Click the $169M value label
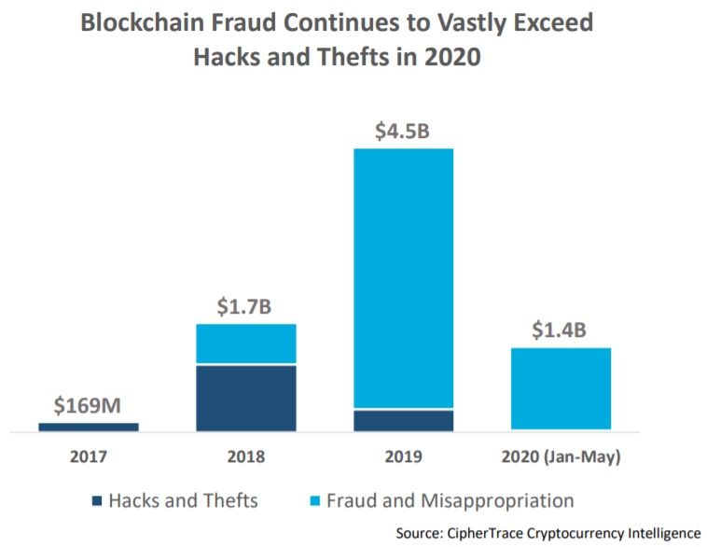pyautogui.click(x=88, y=406)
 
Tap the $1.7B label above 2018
pyautogui.click(x=245, y=306)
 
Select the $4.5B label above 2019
pyautogui.click(x=402, y=131)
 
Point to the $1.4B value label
pyautogui.click(x=561, y=330)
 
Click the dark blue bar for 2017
pyautogui.click(x=88, y=427)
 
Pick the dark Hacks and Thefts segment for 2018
pyautogui.click(x=245, y=398)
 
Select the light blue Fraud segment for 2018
pyautogui.click(x=245, y=344)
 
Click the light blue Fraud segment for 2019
pyautogui.click(x=403, y=278)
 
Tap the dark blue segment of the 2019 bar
pyautogui.click(x=403, y=420)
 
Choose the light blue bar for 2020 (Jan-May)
pyautogui.click(x=561, y=388)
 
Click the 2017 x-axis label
pyautogui.click(x=88, y=457)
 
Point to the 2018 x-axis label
pyautogui.click(x=245, y=457)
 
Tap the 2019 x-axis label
pyautogui.click(x=403, y=457)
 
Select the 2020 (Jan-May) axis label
pyautogui.click(x=561, y=457)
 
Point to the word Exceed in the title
pyautogui.click(x=548, y=23)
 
